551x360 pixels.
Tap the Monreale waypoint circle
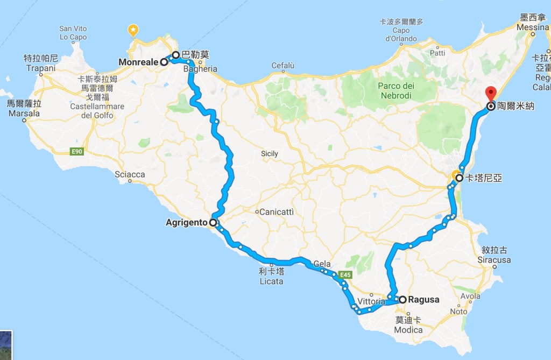tap(164, 62)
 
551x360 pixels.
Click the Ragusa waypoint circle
tap(402, 299)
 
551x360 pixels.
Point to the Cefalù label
tap(283, 66)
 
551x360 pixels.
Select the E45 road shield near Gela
tap(345, 275)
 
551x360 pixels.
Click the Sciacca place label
tap(130, 174)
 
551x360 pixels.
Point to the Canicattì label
tap(277, 212)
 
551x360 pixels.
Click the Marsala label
tap(24, 114)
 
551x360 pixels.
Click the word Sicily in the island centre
tap(269, 154)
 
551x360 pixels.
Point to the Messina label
tap(532, 27)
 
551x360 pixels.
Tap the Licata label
tap(271, 281)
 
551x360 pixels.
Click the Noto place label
tap(458, 312)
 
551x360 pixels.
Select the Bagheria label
tap(200, 69)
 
